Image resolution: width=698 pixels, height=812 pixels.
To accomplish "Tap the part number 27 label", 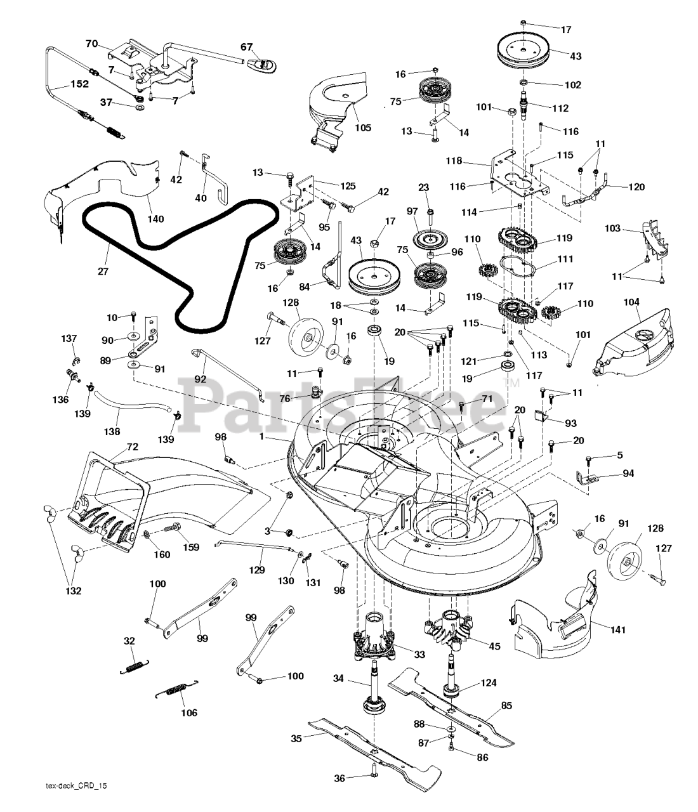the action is point(103,271).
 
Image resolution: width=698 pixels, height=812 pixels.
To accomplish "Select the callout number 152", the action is point(79,84).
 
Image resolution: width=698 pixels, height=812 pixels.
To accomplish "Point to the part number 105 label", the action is point(363,128).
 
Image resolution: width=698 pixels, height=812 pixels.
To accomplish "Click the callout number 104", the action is point(631,302).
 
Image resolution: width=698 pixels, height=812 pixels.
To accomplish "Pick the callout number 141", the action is point(617,630).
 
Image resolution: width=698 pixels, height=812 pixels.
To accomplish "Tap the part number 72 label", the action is point(133,447).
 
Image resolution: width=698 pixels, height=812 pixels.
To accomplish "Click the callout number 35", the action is point(296,738).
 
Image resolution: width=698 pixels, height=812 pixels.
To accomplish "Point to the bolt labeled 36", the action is point(374,775).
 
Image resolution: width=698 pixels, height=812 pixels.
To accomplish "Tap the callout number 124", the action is point(489,683).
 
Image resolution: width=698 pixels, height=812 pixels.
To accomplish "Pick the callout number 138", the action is point(112,431).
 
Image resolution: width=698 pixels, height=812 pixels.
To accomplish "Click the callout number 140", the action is point(155,219).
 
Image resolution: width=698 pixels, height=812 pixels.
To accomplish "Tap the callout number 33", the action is point(419,654).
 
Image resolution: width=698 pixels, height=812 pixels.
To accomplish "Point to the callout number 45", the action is point(494,646).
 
